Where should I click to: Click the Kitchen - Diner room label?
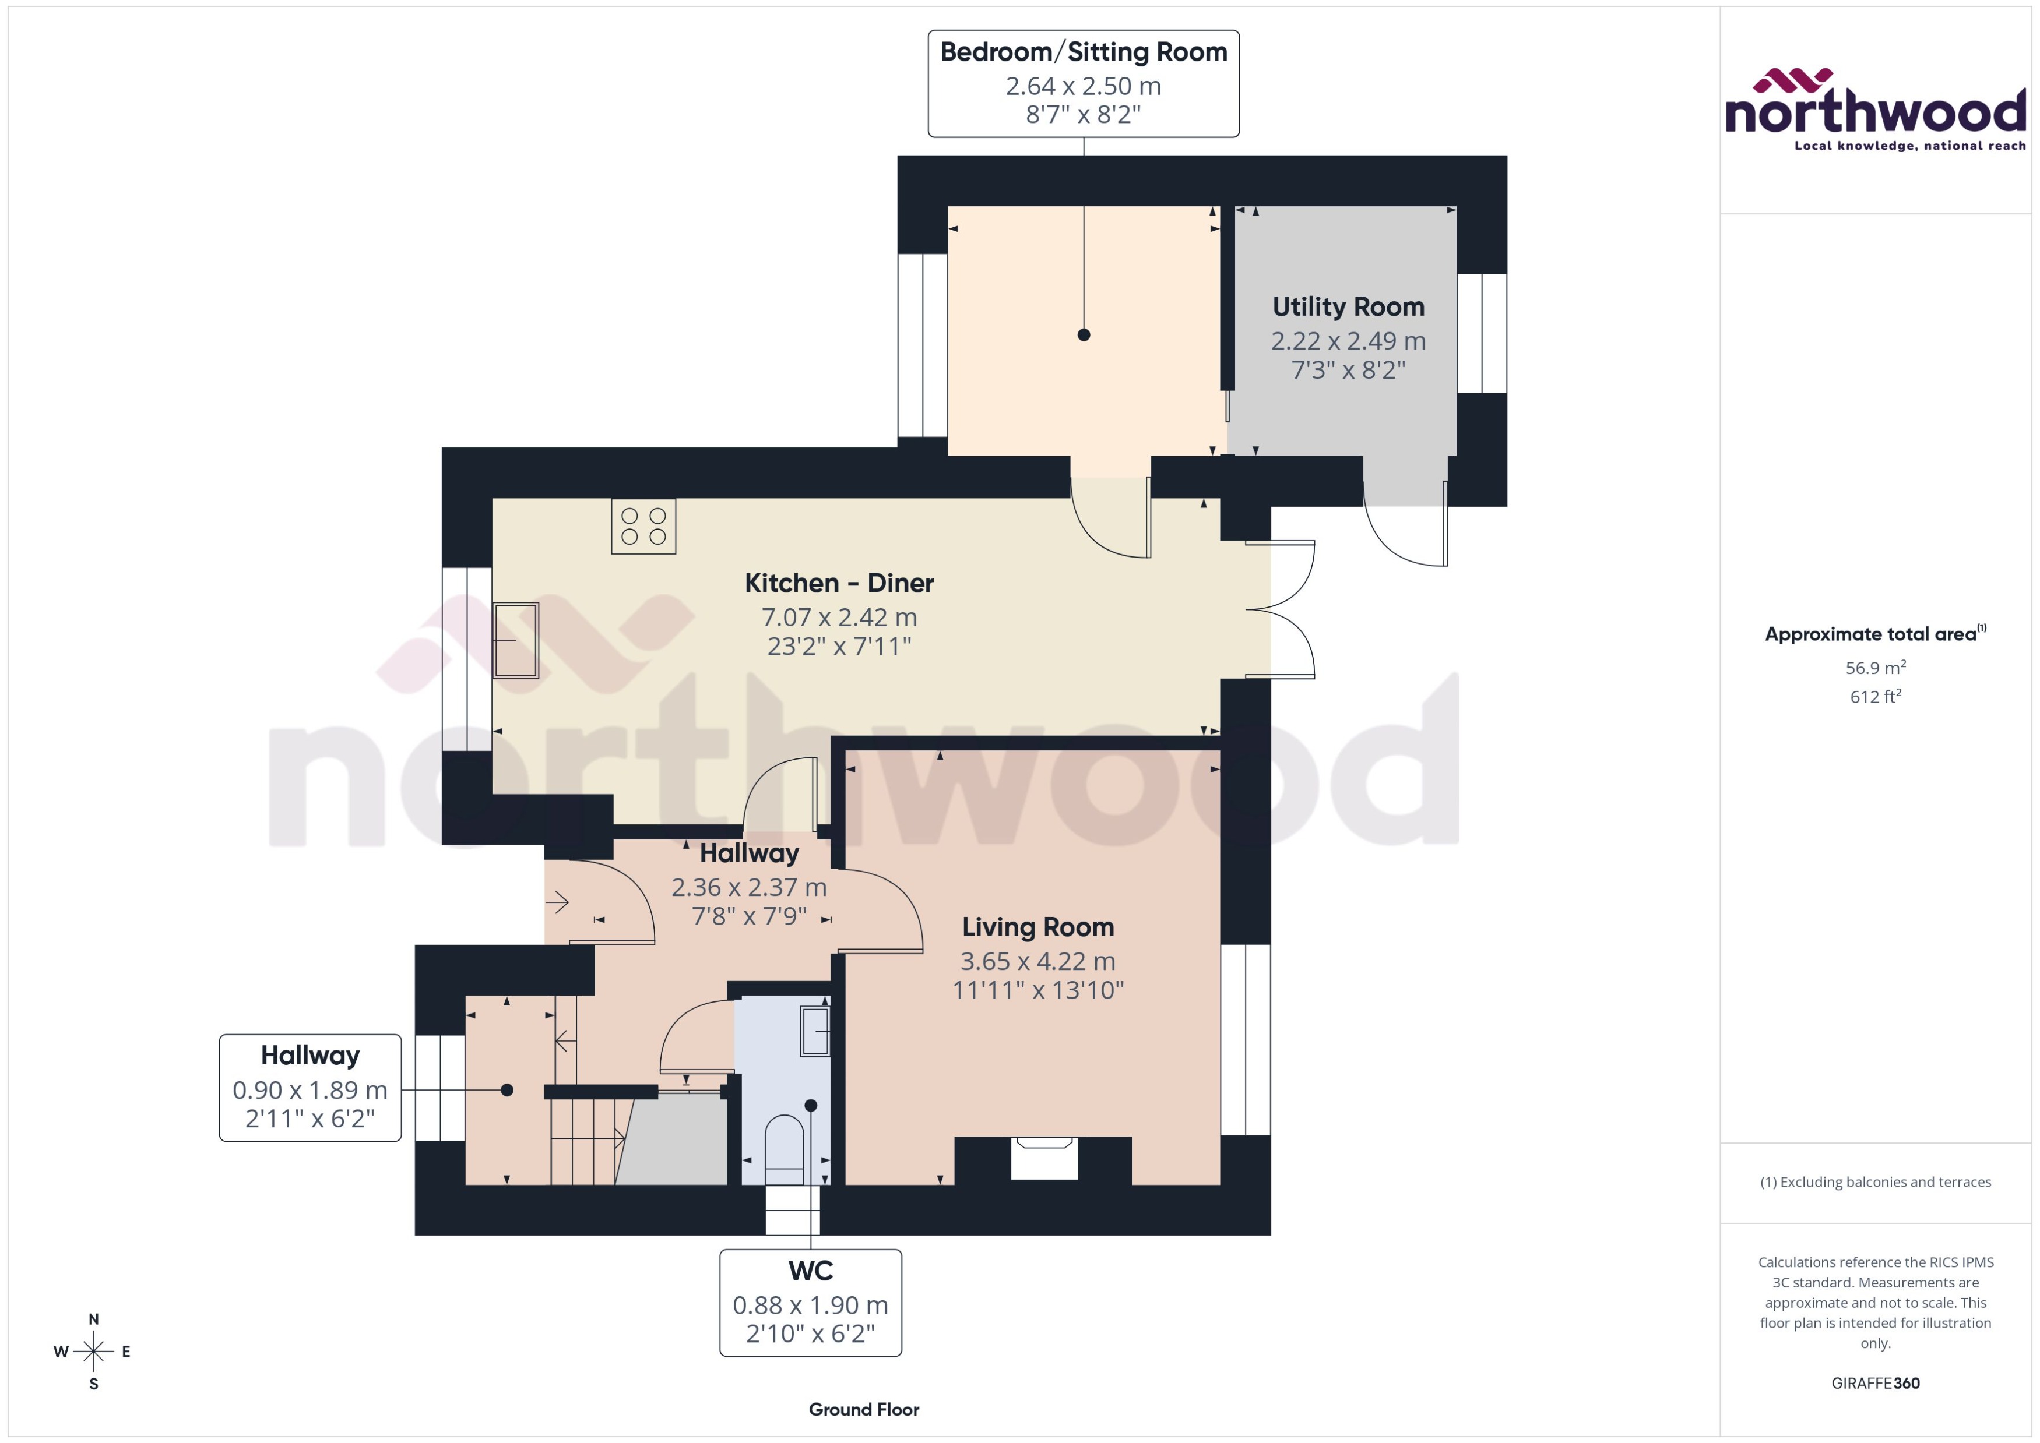[838, 583]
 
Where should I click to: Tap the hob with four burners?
[643, 526]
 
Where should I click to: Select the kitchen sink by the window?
[516, 640]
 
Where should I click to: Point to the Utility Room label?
[1348, 306]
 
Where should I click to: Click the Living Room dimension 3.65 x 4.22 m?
[1037, 961]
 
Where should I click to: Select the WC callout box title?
[810, 1271]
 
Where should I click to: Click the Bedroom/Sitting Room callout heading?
[1083, 51]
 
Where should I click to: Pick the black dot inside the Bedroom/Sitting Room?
[1083, 335]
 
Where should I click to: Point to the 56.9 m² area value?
[1874, 667]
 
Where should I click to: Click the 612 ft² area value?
[1874, 697]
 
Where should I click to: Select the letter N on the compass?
[93, 1319]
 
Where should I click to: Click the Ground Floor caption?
[863, 1409]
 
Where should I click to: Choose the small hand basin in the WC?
[814, 1031]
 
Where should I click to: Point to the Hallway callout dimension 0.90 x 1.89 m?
[309, 1089]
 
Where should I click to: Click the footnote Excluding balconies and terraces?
[1874, 1182]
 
